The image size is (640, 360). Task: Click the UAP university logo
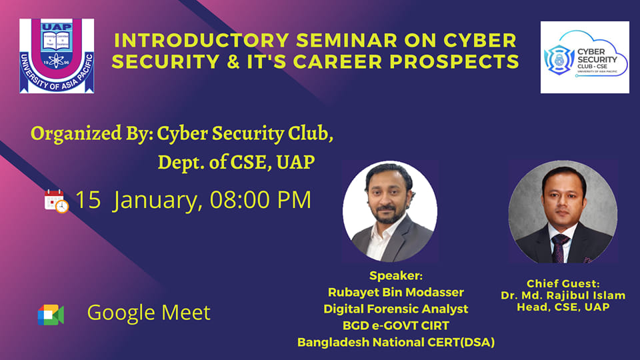click(57, 55)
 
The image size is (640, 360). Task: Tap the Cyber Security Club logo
click(585, 57)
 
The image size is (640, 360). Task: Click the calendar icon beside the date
click(56, 201)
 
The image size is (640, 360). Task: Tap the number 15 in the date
click(88, 200)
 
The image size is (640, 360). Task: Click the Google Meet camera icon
click(51, 314)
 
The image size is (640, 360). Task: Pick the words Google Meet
click(149, 313)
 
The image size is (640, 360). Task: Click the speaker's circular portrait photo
click(389, 211)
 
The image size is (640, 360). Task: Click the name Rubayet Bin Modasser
click(396, 292)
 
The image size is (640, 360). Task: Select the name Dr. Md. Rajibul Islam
click(563, 295)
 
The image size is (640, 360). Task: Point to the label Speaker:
click(396, 275)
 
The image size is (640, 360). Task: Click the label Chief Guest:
click(563, 283)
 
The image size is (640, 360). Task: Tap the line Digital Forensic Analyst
click(396, 309)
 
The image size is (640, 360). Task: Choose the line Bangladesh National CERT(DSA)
click(396, 343)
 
